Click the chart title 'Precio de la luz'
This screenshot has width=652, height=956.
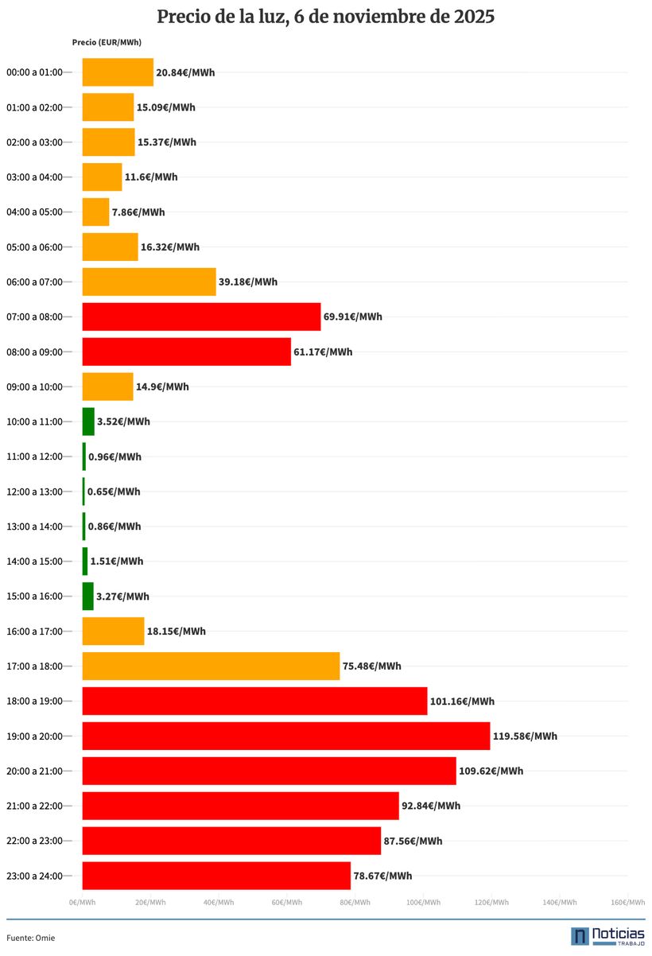tap(325, 17)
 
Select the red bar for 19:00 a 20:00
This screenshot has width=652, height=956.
tap(286, 736)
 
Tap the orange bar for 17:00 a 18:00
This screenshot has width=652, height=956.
tap(211, 666)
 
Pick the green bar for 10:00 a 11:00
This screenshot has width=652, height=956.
tap(88, 422)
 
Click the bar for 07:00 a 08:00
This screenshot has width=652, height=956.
tap(201, 317)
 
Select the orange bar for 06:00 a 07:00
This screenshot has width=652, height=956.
tap(149, 282)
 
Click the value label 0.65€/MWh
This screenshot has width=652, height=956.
tap(114, 492)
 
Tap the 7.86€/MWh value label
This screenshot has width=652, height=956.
tap(138, 212)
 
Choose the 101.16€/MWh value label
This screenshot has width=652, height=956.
tap(462, 701)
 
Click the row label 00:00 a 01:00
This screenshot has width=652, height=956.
tap(34, 72)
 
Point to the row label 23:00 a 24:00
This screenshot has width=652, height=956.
tap(34, 876)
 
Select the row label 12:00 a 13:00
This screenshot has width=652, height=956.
tap(34, 492)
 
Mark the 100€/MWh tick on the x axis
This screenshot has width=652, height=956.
tap(423, 902)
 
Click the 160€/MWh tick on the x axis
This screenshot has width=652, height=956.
tap(627, 902)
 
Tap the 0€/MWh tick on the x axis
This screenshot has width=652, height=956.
tap(83, 902)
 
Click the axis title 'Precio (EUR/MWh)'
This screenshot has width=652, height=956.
tap(107, 42)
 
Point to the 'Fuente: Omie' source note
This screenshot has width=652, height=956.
tap(31, 938)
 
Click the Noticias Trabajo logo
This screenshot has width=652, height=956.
tap(607, 935)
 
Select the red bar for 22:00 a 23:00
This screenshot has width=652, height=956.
tap(231, 841)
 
